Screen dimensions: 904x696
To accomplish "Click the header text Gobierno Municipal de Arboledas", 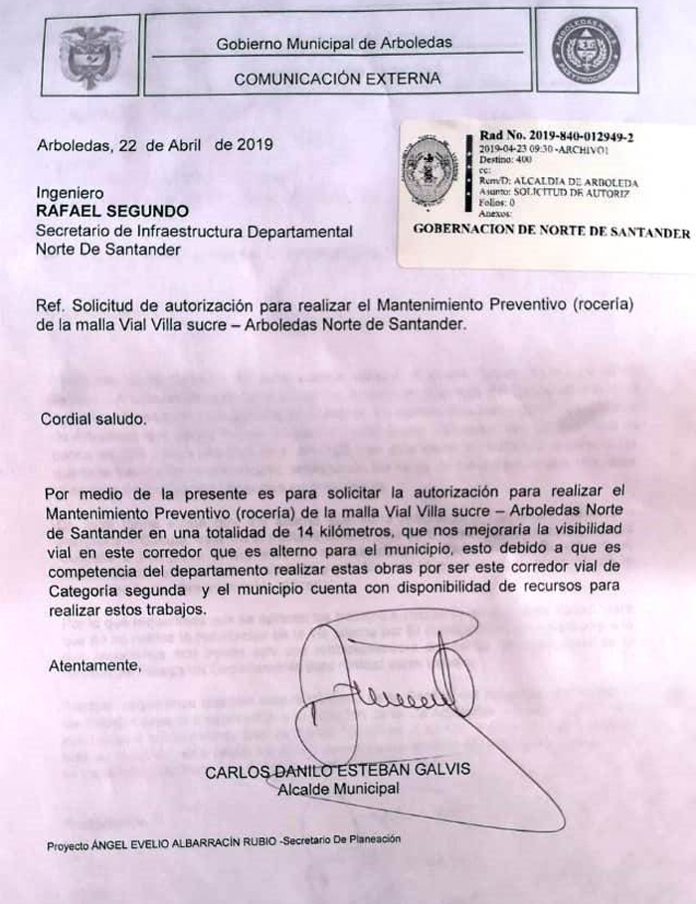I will coord(334,43).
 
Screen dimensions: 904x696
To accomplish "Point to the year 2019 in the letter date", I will coord(255,144).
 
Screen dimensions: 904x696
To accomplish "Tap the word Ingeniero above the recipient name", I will coord(70,193).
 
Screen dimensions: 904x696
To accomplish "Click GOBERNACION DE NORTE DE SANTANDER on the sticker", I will coord(550,233).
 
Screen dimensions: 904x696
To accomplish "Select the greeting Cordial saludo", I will coord(93,419).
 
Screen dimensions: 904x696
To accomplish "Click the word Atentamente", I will coord(94,666).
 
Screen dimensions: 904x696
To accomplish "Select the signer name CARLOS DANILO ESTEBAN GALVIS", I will coord(338,771).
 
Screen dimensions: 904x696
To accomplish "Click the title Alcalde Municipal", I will coord(338,789).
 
